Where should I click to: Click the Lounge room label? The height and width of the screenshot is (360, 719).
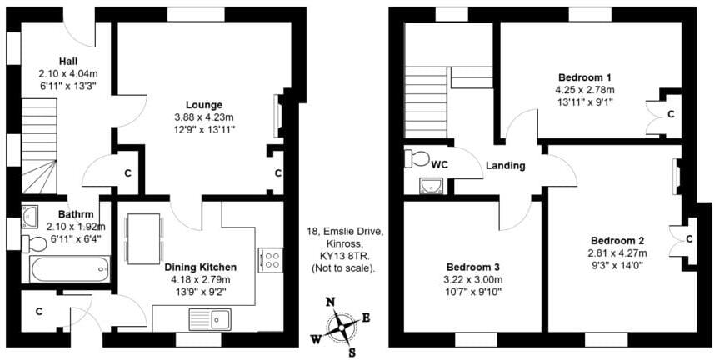203,105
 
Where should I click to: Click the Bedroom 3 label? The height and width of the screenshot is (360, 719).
468,267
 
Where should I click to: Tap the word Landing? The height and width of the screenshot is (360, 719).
507,166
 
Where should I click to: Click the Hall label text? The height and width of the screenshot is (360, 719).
69,61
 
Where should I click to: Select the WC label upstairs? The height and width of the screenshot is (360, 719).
440,164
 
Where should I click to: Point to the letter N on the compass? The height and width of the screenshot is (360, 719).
330,302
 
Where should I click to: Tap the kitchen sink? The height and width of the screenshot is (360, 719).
210,318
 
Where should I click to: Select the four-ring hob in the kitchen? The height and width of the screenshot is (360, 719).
271,259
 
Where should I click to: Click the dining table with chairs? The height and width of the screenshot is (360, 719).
144,232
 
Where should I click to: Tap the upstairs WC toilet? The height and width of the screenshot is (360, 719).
416,158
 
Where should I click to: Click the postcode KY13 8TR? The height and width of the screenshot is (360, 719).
343,257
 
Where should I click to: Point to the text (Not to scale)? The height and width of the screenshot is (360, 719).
343,269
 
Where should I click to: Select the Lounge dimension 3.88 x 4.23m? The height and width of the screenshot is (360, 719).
203,117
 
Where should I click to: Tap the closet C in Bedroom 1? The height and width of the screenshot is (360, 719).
670,112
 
